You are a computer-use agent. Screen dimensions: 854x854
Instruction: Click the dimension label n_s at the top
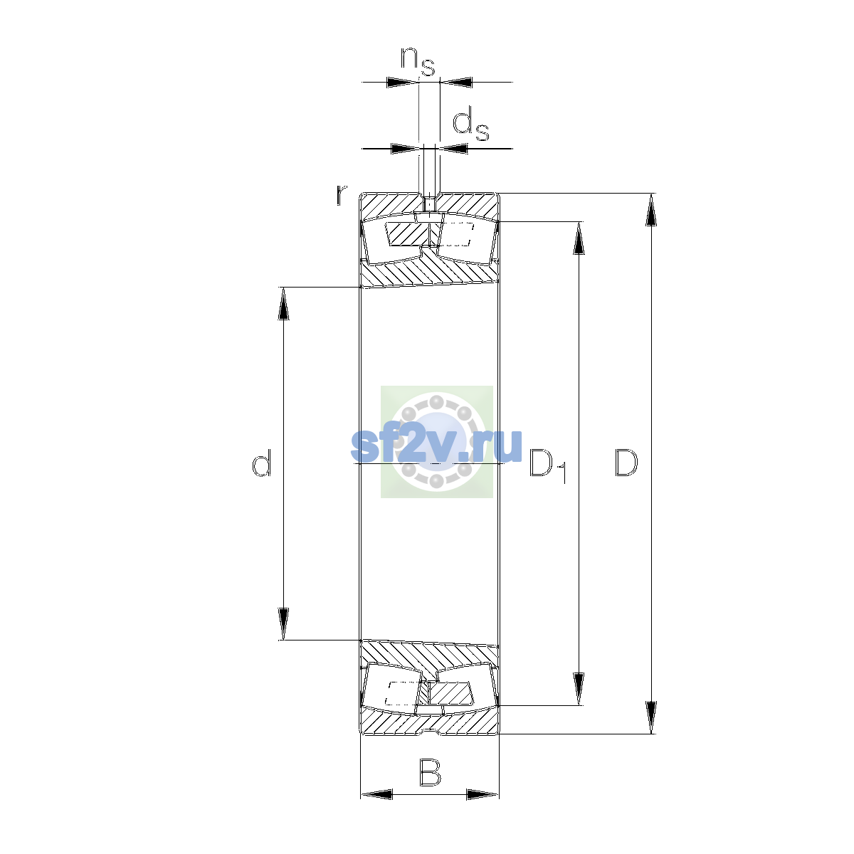click(x=418, y=61)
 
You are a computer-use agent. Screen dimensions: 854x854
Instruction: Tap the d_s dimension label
click(x=470, y=126)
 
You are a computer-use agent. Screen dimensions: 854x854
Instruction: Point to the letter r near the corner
click(x=341, y=195)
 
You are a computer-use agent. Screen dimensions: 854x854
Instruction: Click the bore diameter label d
click(x=261, y=463)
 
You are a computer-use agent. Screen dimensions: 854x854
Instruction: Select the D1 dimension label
click(x=548, y=465)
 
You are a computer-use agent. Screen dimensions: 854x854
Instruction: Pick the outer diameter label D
click(x=626, y=463)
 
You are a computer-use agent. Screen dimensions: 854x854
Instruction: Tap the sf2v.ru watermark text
click(x=436, y=445)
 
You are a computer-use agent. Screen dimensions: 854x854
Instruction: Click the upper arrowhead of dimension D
click(x=650, y=210)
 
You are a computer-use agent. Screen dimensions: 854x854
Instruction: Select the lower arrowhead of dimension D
click(x=650, y=717)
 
